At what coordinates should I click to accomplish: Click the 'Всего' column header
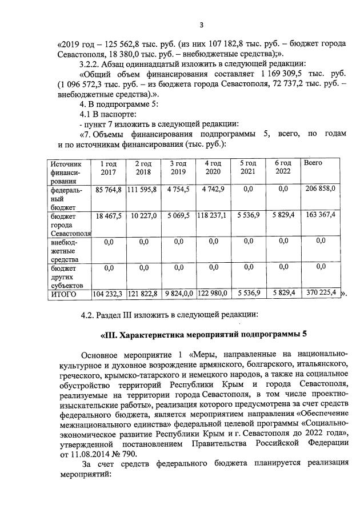pyautogui.click(x=313, y=163)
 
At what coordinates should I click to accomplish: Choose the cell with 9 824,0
pyautogui.click(x=178, y=293)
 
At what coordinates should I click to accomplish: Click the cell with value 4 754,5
pyautogui.click(x=178, y=189)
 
